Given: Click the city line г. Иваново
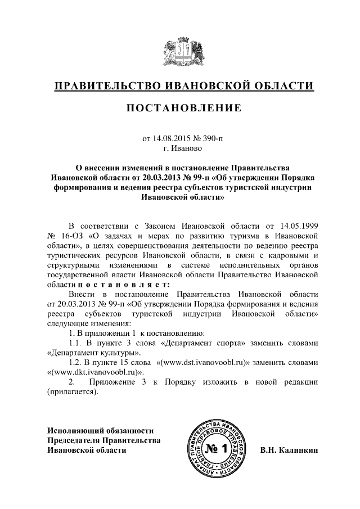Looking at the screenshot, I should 180,148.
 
